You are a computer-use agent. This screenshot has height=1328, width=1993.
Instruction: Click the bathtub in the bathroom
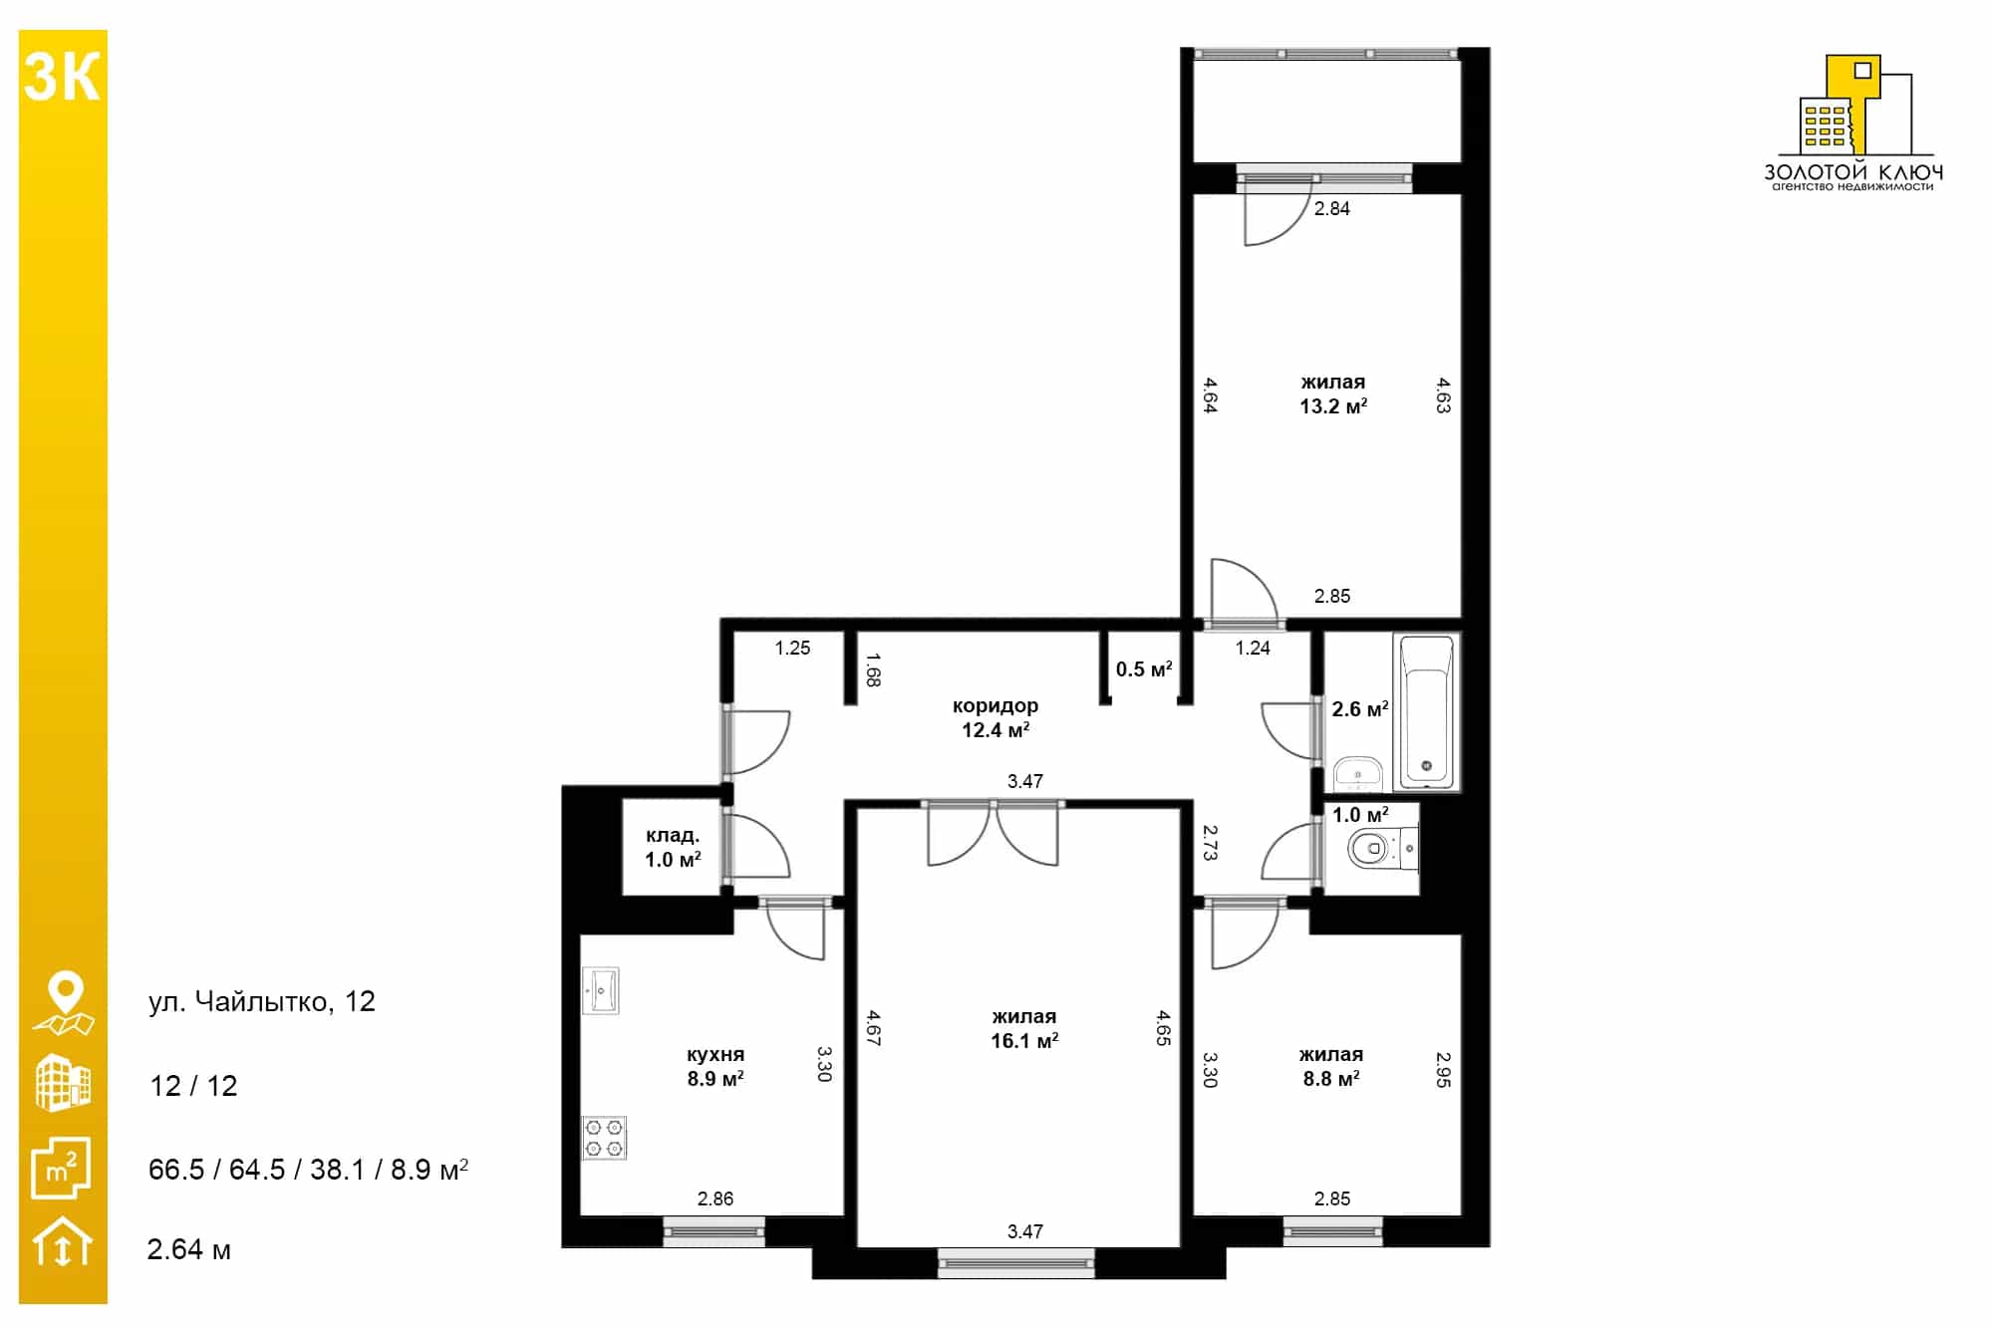(1426, 711)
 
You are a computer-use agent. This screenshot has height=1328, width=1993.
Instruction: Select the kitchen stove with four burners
(605, 1138)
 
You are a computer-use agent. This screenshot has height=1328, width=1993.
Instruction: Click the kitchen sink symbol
(601, 990)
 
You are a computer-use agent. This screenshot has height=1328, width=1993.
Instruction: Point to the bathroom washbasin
(1357, 772)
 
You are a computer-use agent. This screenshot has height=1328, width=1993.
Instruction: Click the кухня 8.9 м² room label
(715, 1066)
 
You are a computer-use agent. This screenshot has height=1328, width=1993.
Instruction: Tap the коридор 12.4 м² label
(996, 717)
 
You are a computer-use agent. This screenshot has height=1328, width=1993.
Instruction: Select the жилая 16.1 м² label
(1024, 1028)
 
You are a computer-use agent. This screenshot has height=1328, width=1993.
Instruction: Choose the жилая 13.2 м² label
(1333, 394)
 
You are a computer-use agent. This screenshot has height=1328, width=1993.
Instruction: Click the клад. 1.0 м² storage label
(673, 847)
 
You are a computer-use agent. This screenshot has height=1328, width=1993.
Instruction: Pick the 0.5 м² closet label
(1144, 668)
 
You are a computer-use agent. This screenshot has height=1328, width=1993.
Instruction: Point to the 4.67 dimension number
(873, 1028)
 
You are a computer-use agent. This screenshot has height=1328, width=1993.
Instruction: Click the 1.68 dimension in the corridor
(873, 669)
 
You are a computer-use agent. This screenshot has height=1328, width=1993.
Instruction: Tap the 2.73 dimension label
(1210, 842)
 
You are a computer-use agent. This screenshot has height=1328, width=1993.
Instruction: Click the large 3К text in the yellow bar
(62, 77)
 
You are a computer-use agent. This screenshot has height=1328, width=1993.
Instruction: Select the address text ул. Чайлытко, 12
(262, 1001)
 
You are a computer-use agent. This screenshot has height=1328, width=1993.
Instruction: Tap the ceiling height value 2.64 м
(189, 1249)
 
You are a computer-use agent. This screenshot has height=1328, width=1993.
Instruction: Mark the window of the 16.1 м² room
(1016, 1263)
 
